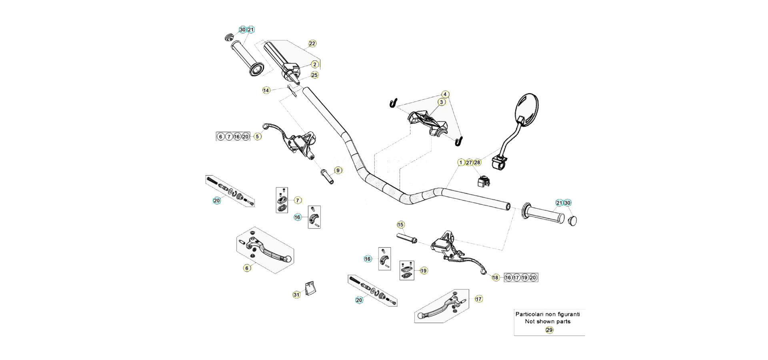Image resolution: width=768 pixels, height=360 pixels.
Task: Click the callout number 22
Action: [312, 44]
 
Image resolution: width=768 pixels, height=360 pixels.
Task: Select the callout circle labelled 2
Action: [315, 64]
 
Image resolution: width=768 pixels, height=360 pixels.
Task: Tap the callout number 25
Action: [314, 75]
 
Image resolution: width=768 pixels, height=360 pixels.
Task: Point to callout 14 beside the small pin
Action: [266, 90]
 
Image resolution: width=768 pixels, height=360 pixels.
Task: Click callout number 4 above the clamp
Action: [445, 95]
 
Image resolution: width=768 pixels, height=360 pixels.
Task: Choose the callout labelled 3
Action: [441, 102]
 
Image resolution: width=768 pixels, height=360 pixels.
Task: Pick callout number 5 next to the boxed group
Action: [258, 136]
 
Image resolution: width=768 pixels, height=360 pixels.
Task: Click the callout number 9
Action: [338, 170]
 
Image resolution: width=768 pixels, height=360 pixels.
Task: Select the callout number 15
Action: [401, 225]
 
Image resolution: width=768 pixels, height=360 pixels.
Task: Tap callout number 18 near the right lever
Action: [496, 278]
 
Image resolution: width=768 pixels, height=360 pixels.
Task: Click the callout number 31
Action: [296, 295]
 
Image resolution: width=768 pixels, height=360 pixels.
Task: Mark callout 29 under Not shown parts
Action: [550, 330]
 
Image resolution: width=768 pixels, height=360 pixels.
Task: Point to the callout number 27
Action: [469, 162]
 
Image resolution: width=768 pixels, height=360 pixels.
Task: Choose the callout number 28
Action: [477, 162]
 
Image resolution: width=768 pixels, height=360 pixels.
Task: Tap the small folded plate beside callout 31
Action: [308, 288]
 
